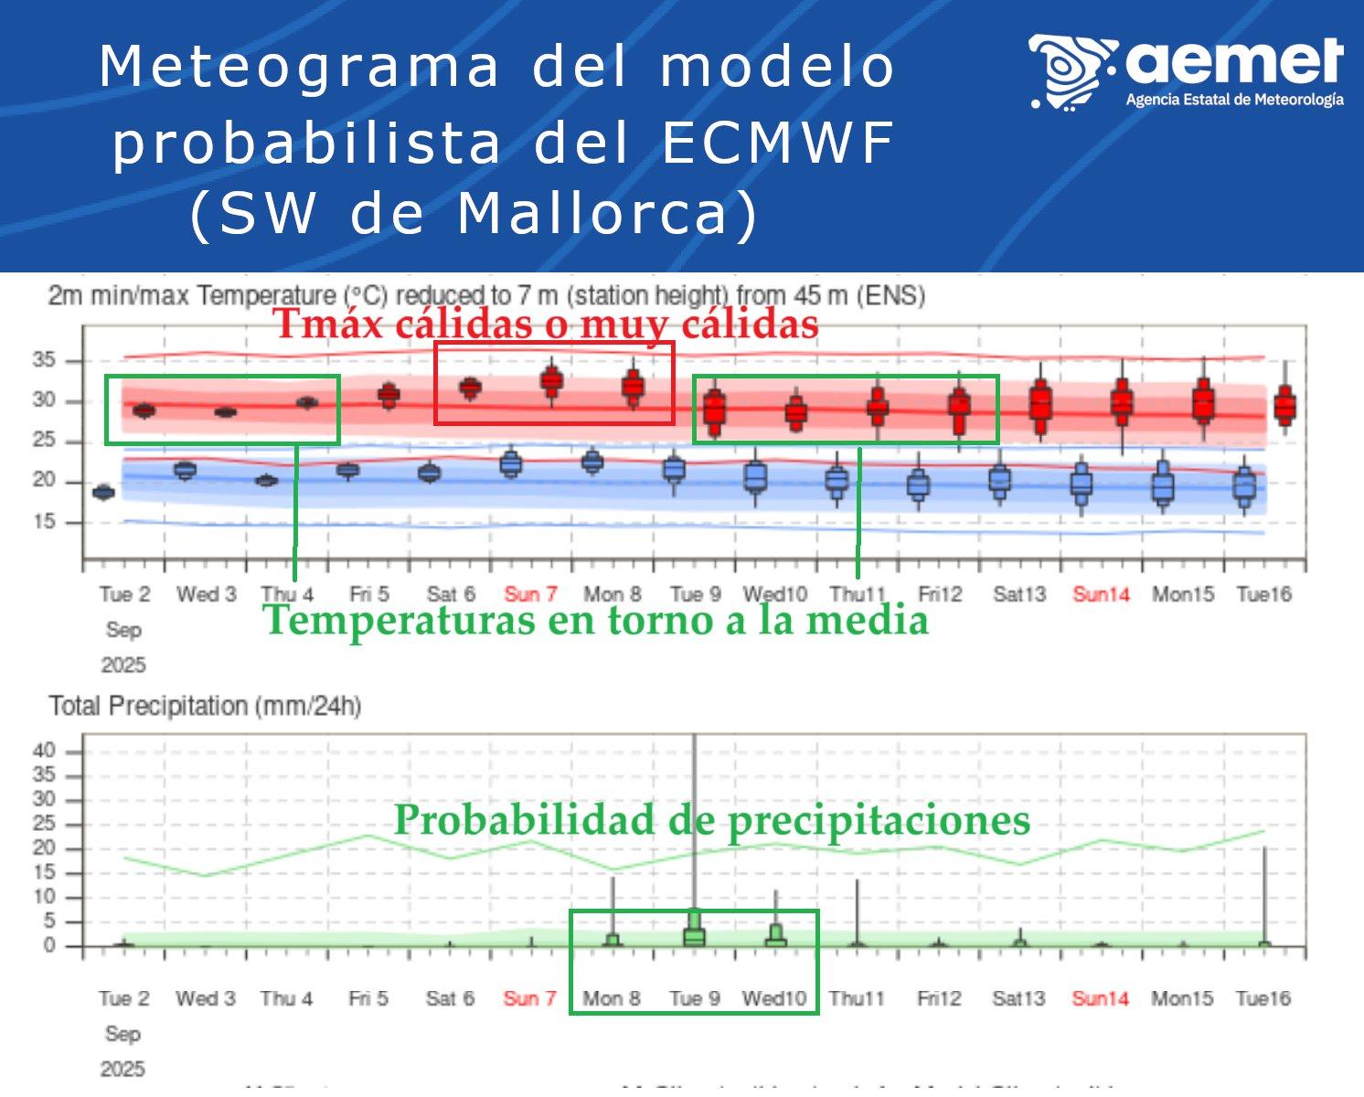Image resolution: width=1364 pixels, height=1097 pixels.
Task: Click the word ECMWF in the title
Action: point(777,143)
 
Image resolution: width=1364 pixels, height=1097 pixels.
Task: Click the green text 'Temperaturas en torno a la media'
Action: point(595,620)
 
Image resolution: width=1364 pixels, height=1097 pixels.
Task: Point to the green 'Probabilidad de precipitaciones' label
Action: point(711,819)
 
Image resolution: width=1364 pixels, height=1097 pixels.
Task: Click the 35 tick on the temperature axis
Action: point(44,360)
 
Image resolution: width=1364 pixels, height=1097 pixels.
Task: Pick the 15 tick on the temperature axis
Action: point(44,521)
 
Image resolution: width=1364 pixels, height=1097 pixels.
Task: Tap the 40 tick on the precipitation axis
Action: point(44,751)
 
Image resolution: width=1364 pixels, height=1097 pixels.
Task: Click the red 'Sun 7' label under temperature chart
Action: point(530,594)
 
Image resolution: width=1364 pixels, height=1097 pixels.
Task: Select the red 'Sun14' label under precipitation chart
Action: point(1100,998)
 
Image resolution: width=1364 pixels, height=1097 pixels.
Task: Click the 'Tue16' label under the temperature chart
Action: point(1263,594)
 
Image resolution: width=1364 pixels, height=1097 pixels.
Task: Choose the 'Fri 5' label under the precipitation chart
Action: point(368,998)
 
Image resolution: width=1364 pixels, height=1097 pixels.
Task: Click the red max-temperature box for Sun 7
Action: point(551,380)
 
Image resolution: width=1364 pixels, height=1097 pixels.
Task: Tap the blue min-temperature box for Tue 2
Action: point(103,492)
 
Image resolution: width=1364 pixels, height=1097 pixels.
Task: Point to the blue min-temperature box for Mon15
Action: point(1163,485)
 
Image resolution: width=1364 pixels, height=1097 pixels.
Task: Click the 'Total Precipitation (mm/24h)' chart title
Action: point(205,706)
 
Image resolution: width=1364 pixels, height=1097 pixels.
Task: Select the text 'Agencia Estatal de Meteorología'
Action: point(1234,100)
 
